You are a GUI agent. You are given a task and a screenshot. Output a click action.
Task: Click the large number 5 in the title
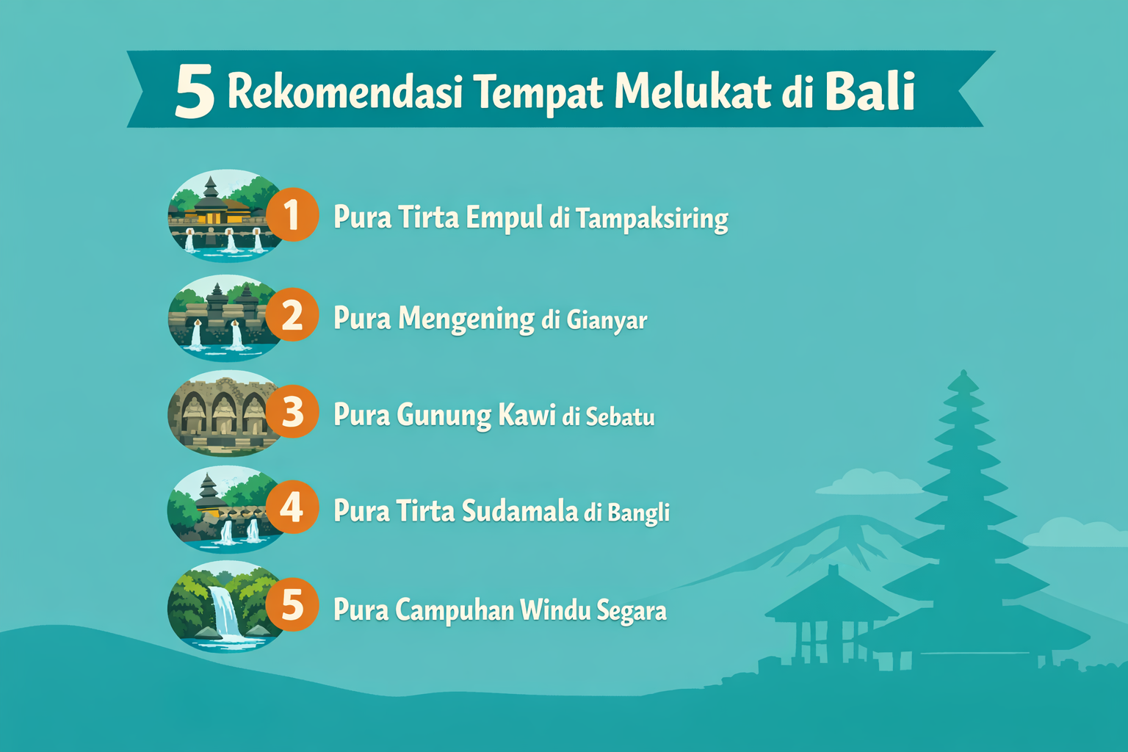click(x=195, y=93)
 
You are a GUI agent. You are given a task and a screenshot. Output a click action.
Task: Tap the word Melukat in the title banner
click(x=693, y=92)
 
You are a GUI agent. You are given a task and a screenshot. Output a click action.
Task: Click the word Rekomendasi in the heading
click(x=344, y=92)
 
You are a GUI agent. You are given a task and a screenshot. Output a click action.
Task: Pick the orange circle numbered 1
click(x=292, y=215)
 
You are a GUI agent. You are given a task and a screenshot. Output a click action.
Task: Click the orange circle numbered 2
click(x=292, y=316)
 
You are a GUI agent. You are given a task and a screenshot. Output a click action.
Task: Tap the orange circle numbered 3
click(x=292, y=413)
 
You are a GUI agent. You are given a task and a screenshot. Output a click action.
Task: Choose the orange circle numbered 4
click(x=292, y=507)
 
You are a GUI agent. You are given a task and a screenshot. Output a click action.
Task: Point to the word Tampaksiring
click(x=651, y=219)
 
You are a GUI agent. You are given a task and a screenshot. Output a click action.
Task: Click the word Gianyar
click(x=607, y=320)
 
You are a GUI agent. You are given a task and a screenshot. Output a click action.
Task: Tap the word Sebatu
click(x=620, y=417)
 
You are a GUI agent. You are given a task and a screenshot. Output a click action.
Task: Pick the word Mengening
click(x=466, y=319)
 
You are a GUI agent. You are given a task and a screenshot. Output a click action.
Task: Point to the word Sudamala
click(x=519, y=511)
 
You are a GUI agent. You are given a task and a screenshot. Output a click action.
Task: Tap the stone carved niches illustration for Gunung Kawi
click(x=220, y=413)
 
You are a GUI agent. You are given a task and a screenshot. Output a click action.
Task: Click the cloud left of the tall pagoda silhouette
click(x=867, y=483)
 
